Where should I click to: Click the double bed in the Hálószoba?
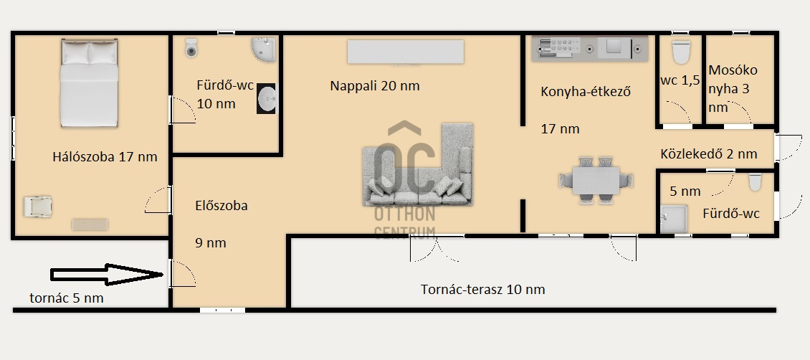click(90, 82)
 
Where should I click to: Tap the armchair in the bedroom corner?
click(38, 207)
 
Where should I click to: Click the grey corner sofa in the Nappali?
click(418, 164)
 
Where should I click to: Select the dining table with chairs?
click(596, 180)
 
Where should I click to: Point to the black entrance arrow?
click(107, 274)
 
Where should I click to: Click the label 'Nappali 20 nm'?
click(375, 86)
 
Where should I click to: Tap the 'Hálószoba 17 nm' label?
click(105, 157)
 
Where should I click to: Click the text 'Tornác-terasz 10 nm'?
click(483, 289)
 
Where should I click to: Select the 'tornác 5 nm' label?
click(67, 298)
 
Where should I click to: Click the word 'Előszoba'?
click(221, 206)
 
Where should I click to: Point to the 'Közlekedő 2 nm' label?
click(709, 154)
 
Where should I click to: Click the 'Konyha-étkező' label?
click(586, 92)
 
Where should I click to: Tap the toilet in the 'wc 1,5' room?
click(681, 52)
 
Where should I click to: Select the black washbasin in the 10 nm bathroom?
click(267, 98)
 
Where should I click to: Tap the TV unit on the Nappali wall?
click(406, 52)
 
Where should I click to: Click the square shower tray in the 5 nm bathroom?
click(674, 219)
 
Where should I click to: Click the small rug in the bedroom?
click(90, 224)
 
